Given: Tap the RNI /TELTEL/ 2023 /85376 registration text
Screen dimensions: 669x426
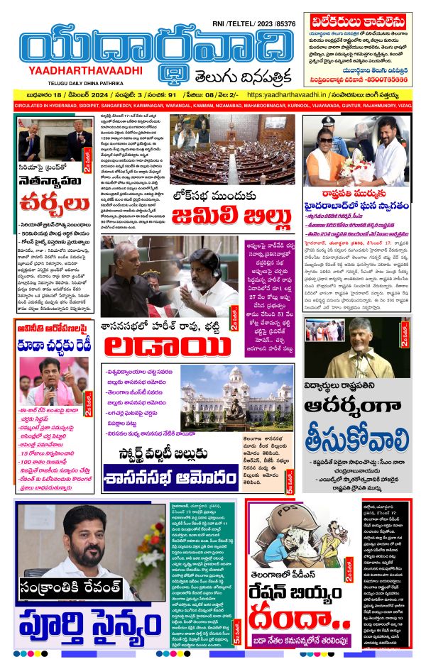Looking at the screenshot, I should pos(253,23).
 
